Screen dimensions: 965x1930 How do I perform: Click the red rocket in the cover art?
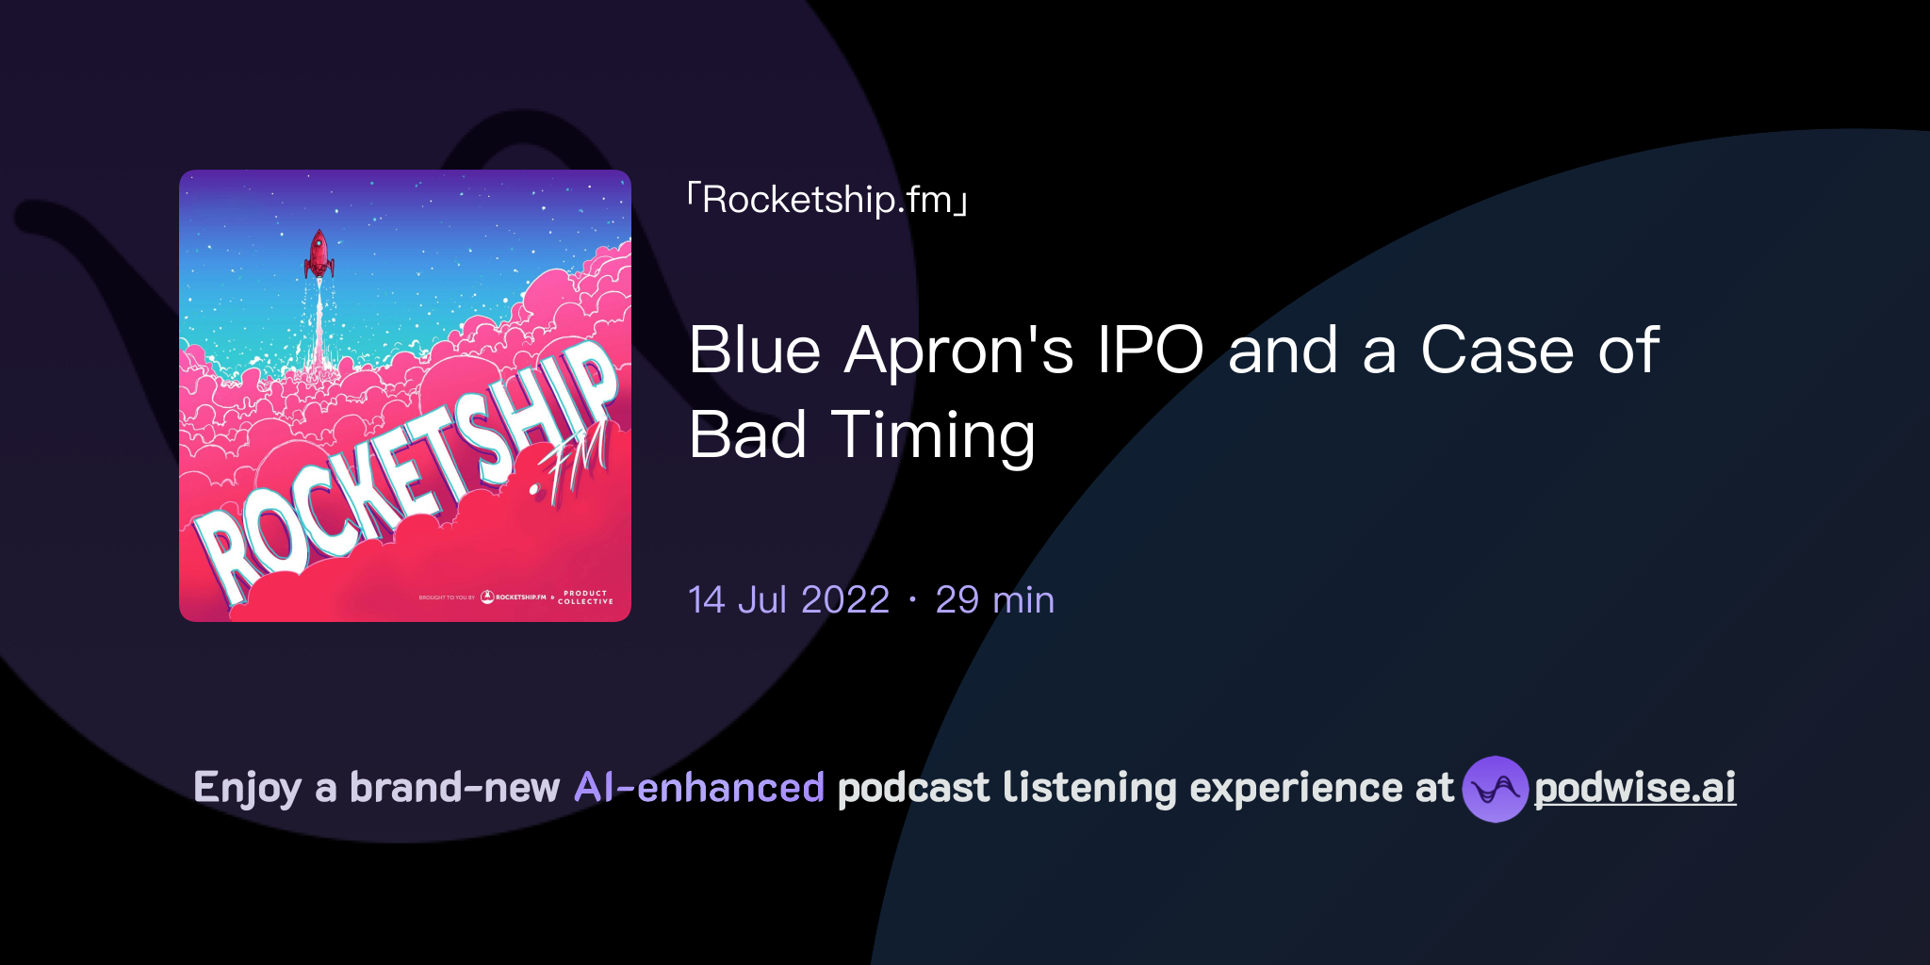point(319,253)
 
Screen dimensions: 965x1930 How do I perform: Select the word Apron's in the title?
point(958,351)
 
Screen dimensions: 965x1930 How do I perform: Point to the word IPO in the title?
point(1150,351)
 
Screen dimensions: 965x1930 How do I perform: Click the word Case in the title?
point(1497,351)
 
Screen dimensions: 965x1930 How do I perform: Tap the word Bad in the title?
point(747,435)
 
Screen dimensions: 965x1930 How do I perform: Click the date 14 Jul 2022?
point(789,600)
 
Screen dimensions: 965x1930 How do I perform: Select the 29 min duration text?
point(994,600)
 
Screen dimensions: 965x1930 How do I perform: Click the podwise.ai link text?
point(1634,788)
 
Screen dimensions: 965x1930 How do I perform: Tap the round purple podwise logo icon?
point(1495,789)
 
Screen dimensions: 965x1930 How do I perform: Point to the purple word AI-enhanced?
point(699,788)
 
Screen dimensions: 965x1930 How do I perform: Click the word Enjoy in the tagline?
point(247,788)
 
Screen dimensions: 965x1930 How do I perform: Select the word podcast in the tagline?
point(913,788)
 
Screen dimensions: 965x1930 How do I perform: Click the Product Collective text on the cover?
point(585,597)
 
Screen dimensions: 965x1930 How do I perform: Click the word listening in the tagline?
point(1089,788)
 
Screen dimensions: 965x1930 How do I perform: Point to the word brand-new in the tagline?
point(454,788)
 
